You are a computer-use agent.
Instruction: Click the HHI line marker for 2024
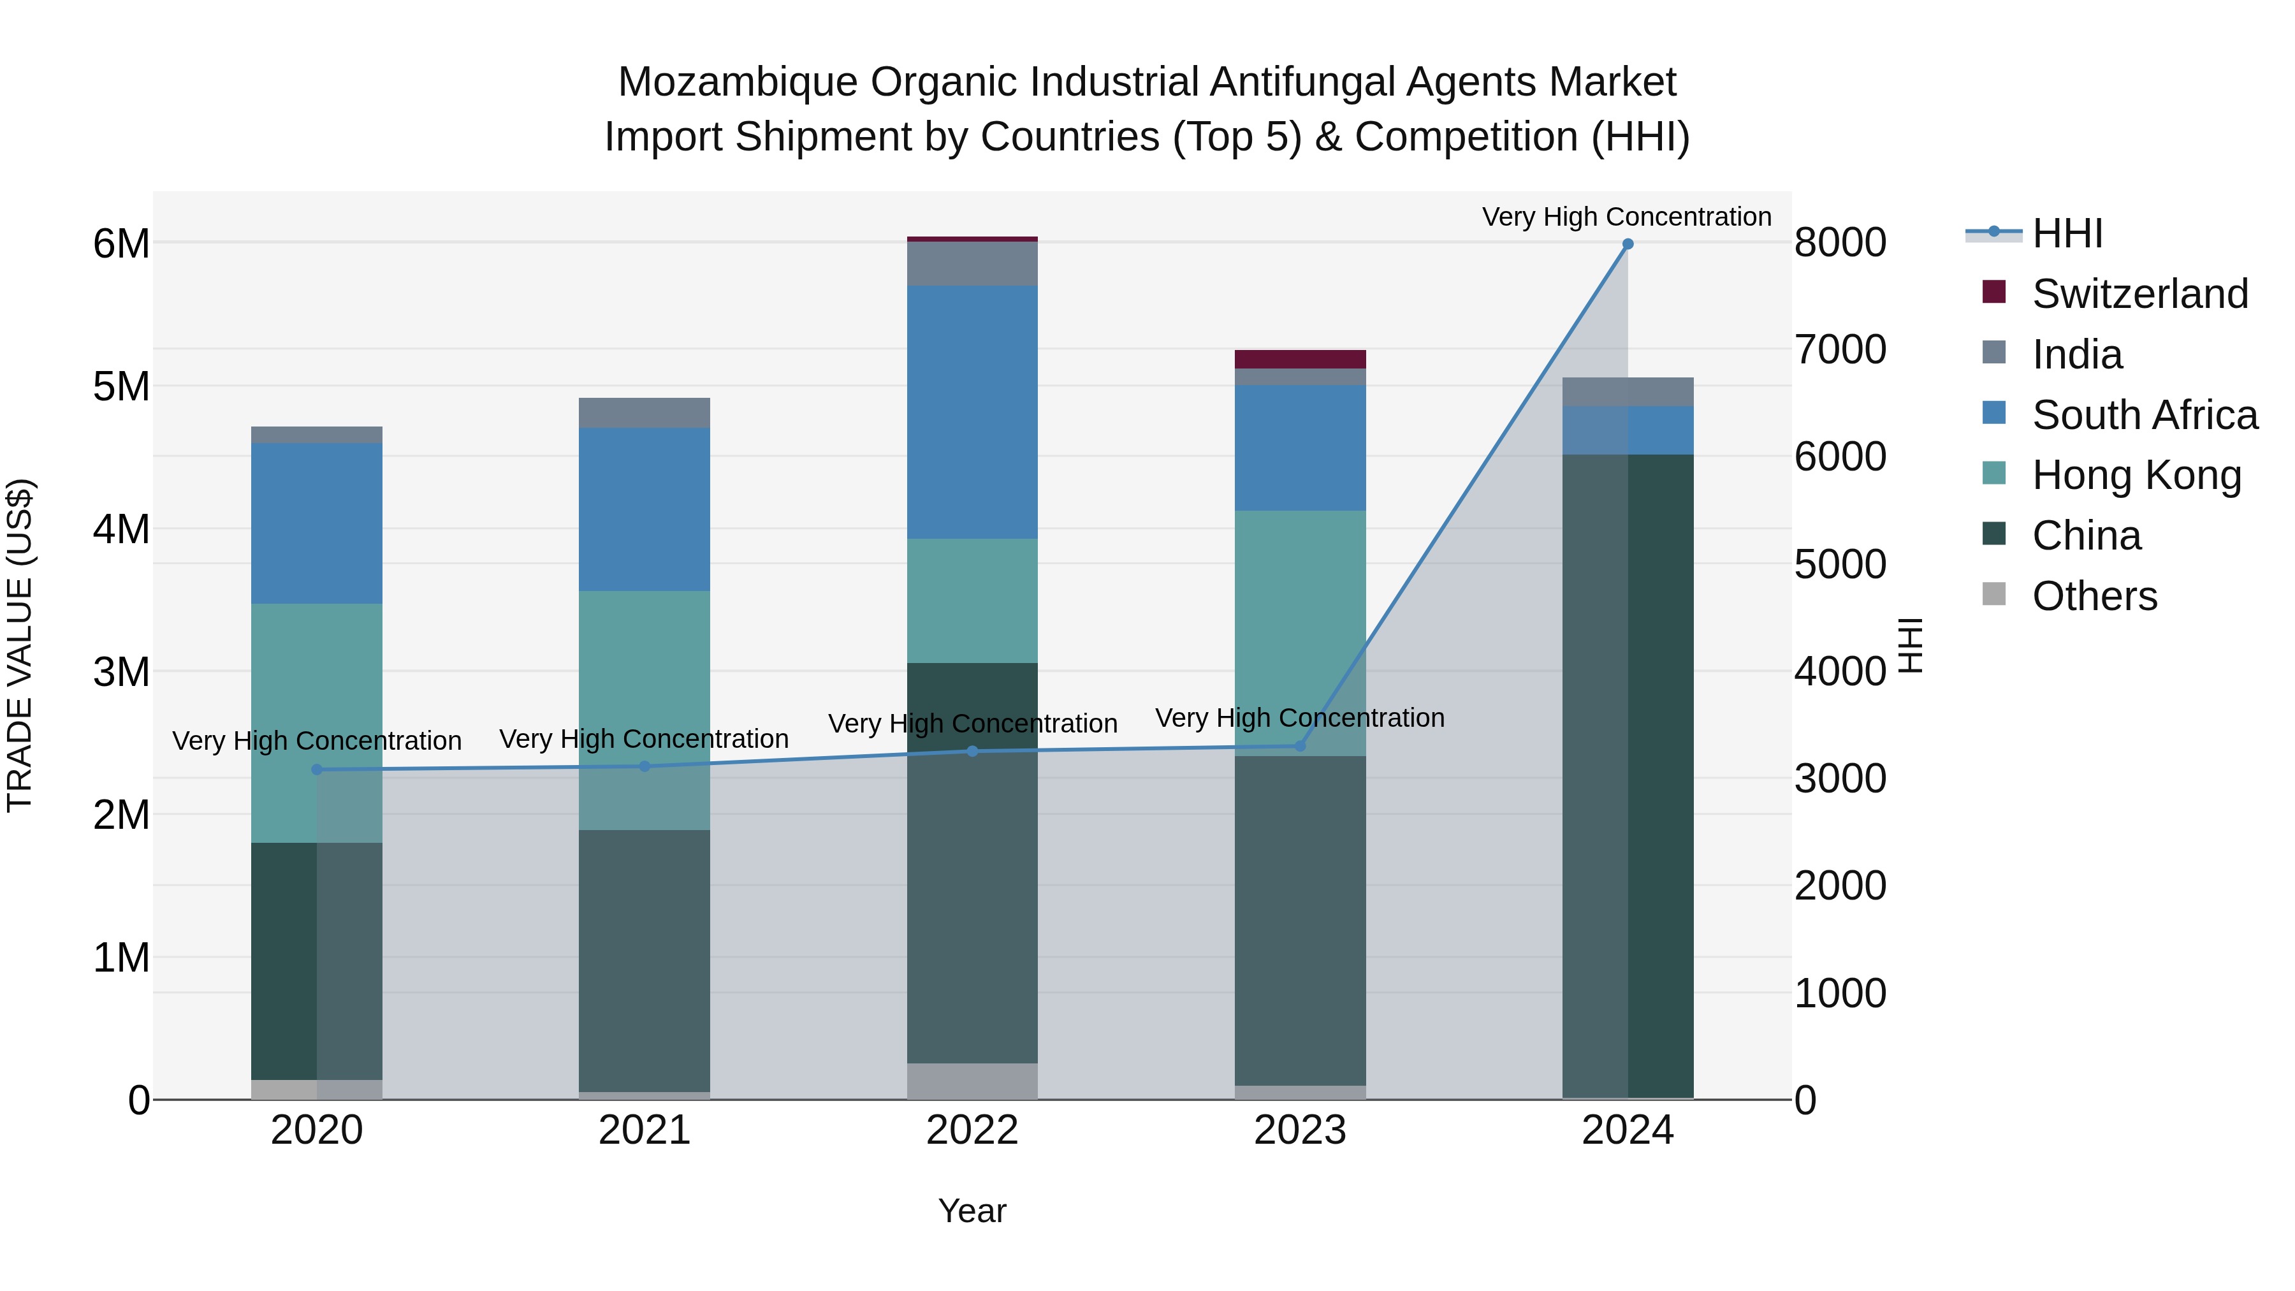coord(1628,244)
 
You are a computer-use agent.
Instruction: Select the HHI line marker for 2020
coord(317,769)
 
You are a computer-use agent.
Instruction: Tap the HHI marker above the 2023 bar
coord(1300,746)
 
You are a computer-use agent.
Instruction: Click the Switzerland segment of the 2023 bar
coord(1300,359)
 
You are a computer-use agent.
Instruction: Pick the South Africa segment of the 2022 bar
coord(972,412)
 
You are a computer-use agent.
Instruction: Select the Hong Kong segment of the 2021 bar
coord(644,710)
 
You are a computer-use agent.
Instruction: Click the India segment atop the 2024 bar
coord(1628,392)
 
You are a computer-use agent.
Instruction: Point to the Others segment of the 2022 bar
coord(972,1081)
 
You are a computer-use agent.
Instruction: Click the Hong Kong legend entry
coord(2136,475)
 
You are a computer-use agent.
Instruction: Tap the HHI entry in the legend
coord(2067,233)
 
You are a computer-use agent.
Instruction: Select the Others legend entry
coord(2094,596)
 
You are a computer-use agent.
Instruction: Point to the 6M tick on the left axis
coord(121,244)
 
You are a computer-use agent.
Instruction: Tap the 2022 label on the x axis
coord(972,1130)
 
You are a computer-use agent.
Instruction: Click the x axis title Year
coord(972,1211)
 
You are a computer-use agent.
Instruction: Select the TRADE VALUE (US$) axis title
coord(20,645)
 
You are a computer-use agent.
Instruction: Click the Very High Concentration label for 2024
coord(1627,217)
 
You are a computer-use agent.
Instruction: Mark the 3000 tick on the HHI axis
coord(1840,778)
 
